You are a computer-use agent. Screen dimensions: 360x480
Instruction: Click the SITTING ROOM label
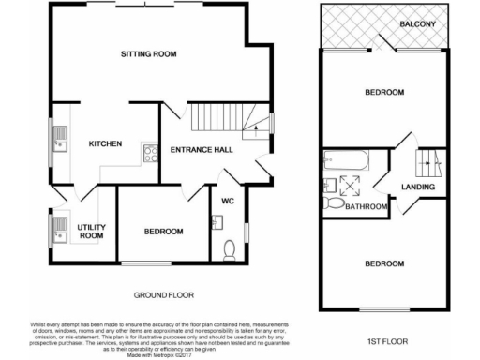tap(149, 54)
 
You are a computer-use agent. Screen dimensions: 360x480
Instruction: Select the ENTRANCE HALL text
tap(202, 149)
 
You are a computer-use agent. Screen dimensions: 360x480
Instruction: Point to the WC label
tap(228, 201)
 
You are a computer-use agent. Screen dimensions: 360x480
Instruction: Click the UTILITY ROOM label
tap(91, 231)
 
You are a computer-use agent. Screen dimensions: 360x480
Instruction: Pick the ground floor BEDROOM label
tap(162, 232)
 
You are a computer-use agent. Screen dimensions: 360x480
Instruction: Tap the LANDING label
tap(418, 187)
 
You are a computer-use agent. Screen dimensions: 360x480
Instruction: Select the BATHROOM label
tap(367, 206)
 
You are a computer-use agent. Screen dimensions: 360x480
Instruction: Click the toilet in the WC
tap(231, 247)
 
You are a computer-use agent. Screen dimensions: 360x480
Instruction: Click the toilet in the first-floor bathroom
tap(329, 202)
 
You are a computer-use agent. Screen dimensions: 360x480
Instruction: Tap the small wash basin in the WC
tap(217, 222)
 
